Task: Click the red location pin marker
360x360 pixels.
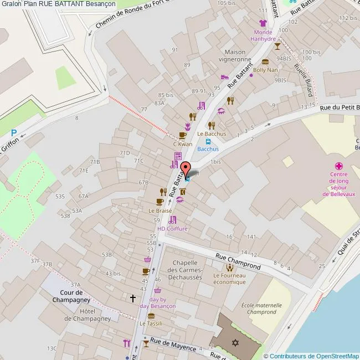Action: pos(186,169)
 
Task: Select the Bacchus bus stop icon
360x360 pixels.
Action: pos(208,141)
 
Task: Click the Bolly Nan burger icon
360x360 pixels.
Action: pos(265,62)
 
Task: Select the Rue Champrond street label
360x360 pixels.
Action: pos(238,258)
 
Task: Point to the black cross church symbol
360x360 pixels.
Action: pos(132,298)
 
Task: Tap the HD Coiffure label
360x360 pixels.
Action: pos(172,228)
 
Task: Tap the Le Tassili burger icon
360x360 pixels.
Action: pos(151,316)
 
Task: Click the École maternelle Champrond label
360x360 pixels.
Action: pos(262,308)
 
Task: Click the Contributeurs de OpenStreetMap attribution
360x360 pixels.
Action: pos(311,356)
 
